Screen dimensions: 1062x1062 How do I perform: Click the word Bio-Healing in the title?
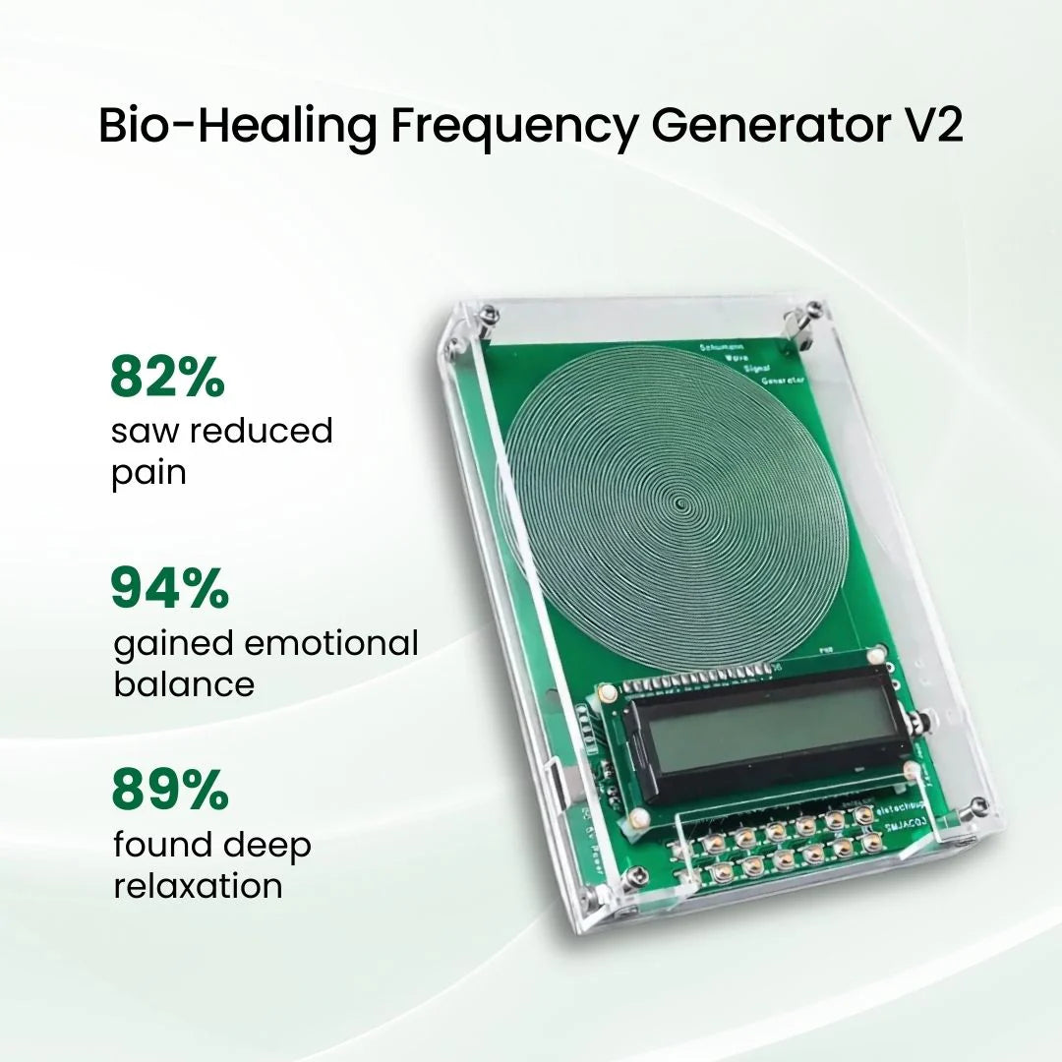(x=236, y=127)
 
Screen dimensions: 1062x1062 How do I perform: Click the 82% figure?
(x=167, y=377)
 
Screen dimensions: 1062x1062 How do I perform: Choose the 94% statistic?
(x=169, y=588)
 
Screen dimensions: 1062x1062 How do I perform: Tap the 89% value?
(x=169, y=790)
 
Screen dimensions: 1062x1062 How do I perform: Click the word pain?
(x=148, y=474)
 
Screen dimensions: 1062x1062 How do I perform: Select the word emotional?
(x=330, y=644)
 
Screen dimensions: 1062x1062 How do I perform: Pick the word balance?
(x=184, y=684)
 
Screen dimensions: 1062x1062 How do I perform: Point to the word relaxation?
(x=198, y=886)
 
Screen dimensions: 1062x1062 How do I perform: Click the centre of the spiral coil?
(x=680, y=505)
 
